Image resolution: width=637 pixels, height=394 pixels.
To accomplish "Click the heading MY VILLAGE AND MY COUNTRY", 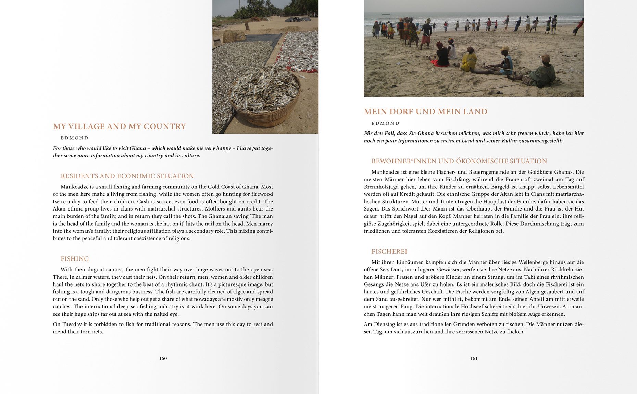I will click(x=119, y=126).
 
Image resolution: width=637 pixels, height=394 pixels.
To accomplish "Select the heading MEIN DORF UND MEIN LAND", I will click(x=425, y=112).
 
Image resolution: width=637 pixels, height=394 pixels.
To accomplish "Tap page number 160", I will click(x=163, y=358).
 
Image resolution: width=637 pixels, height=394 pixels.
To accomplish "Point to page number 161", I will click(x=474, y=358).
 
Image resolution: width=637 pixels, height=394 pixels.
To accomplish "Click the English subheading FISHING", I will click(x=75, y=259).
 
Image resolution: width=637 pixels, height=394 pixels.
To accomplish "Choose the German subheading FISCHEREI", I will click(x=389, y=251).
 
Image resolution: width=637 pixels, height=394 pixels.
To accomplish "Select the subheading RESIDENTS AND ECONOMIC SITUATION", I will click(x=127, y=176).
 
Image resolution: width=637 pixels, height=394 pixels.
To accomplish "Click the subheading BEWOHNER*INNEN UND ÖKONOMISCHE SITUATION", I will click(x=459, y=161).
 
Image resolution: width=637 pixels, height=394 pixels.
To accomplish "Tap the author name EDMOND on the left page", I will click(x=74, y=138).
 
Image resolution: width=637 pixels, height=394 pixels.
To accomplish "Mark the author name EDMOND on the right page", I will click(x=385, y=123).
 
